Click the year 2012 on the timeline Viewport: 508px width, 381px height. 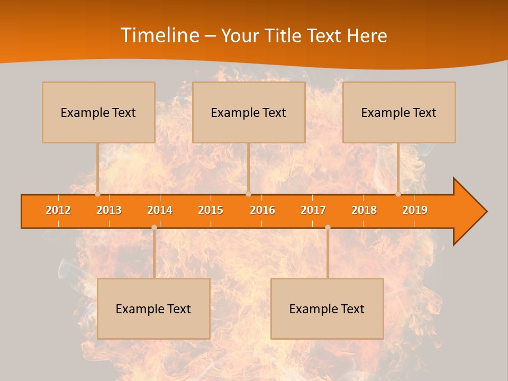pos(58,210)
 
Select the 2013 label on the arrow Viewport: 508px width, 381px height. pos(109,210)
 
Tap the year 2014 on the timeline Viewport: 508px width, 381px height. pos(160,210)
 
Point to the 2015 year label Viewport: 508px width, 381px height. pos(211,210)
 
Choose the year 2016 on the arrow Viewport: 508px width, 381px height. pos(262,210)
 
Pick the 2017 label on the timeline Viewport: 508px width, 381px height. pos(313,210)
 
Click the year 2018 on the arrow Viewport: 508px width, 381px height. pos(364,210)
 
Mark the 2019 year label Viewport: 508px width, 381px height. pos(415,210)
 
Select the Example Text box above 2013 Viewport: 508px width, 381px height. pos(98,112)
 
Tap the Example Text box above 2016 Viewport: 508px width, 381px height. pos(249,112)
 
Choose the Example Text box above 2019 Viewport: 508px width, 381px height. pos(399,112)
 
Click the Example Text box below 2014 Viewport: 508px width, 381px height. pos(153,309)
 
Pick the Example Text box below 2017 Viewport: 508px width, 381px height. pos(327,309)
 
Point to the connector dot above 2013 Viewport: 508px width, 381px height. pos(97,194)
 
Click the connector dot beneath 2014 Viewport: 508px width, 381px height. pos(154,228)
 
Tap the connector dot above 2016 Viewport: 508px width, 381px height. pos(248,194)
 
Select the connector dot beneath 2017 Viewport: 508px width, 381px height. pos(328,228)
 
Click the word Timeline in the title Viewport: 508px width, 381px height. pos(158,35)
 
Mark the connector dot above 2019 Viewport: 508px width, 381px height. pos(398,194)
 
